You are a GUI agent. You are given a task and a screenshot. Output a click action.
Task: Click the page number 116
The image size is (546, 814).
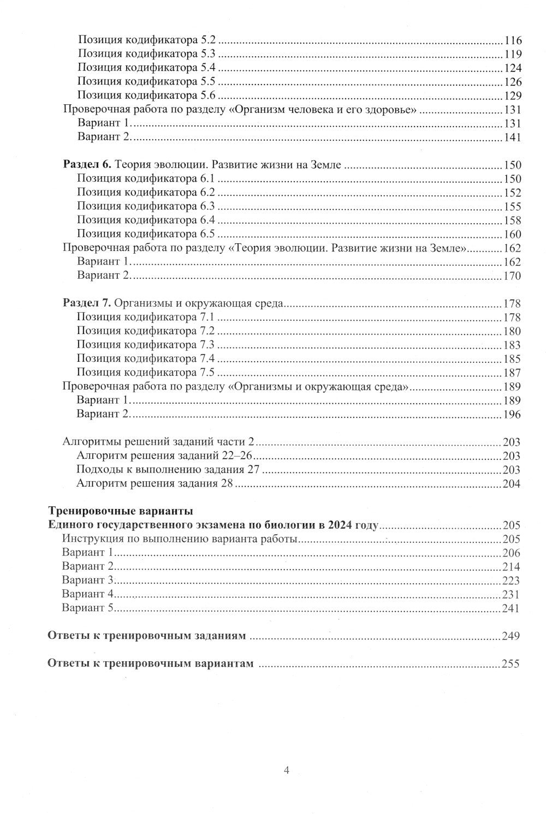[x=513, y=40]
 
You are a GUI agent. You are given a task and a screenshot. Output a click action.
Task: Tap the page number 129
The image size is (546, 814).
[x=513, y=96]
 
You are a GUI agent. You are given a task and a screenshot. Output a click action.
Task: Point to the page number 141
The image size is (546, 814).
[x=513, y=137]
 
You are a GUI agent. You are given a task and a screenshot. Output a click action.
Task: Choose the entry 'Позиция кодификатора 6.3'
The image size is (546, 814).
[x=146, y=206]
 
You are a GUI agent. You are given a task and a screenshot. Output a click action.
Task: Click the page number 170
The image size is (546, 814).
[x=512, y=276]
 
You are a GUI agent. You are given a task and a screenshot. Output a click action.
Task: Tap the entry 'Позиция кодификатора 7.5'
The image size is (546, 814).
[x=146, y=373]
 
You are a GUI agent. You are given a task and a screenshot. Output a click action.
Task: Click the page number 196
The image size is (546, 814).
[x=512, y=415]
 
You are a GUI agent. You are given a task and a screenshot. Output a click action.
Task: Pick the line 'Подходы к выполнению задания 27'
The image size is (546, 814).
[x=168, y=470]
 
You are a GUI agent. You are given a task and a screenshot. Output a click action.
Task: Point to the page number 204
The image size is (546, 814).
[x=512, y=484]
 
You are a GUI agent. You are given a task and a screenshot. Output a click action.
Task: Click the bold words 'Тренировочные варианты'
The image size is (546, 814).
[x=121, y=512]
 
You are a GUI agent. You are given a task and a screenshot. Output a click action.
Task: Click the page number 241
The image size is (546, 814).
[x=512, y=608]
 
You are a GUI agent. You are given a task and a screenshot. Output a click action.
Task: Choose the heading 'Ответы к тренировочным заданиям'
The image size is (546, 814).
[x=147, y=636]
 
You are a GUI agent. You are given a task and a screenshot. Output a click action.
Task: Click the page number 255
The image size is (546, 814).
[x=512, y=664]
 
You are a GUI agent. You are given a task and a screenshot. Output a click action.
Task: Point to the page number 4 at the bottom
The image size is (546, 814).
[x=286, y=770]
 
